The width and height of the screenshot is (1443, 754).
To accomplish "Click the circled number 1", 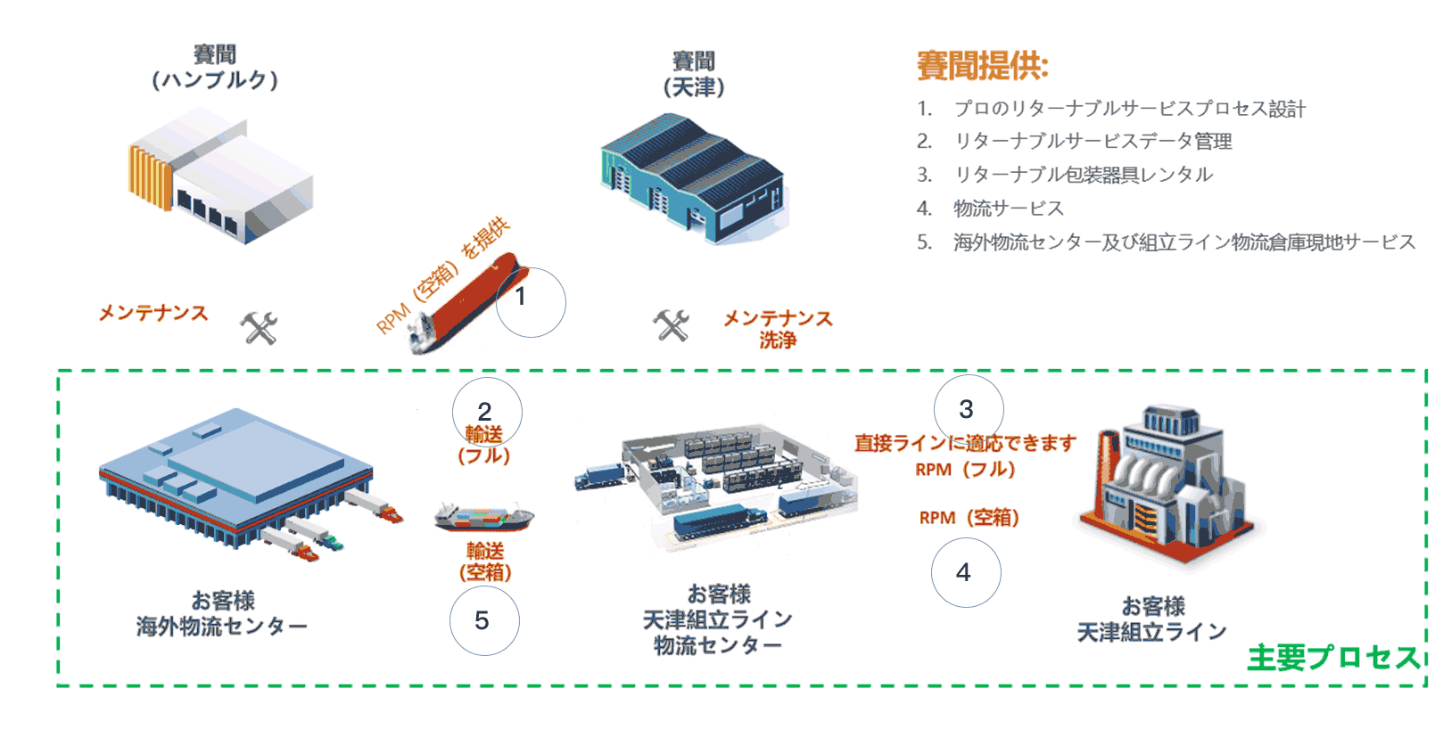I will [531, 302].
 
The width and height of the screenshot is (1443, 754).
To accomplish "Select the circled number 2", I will [486, 412].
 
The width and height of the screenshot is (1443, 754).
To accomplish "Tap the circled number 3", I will [968, 409].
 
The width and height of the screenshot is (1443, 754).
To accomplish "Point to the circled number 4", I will [965, 573].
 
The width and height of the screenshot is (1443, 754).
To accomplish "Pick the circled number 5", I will [483, 620].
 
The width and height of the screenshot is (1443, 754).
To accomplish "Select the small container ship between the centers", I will [483, 516].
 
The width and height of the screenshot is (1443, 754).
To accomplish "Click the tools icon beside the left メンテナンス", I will [260, 328].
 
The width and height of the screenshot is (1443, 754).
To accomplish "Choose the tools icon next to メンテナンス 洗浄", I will [672, 325].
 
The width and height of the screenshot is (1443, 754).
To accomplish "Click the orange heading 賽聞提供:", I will [982, 66].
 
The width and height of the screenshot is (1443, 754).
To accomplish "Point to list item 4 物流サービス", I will [1008, 209].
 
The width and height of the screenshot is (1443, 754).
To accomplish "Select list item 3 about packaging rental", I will [1083, 175].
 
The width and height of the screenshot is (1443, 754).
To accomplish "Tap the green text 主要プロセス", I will [1332, 658].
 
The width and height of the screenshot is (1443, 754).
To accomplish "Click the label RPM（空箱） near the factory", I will [969, 518].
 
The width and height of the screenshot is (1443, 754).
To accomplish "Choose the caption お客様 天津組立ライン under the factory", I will [1152, 619].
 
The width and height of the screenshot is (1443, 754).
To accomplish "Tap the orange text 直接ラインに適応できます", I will [965, 443].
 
